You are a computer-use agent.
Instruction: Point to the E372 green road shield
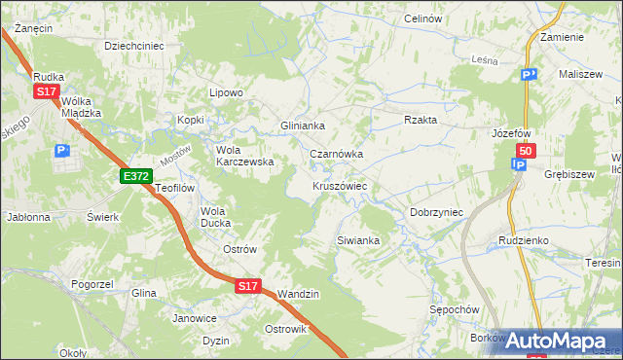click(x=135, y=176)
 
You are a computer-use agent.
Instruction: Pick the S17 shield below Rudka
click(x=46, y=91)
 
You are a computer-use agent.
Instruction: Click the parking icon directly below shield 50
click(x=519, y=165)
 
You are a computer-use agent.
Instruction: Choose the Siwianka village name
click(x=356, y=239)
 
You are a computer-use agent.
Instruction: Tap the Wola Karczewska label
click(x=244, y=156)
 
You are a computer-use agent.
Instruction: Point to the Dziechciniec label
click(x=133, y=45)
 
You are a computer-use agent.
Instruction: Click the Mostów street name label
click(x=176, y=153)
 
